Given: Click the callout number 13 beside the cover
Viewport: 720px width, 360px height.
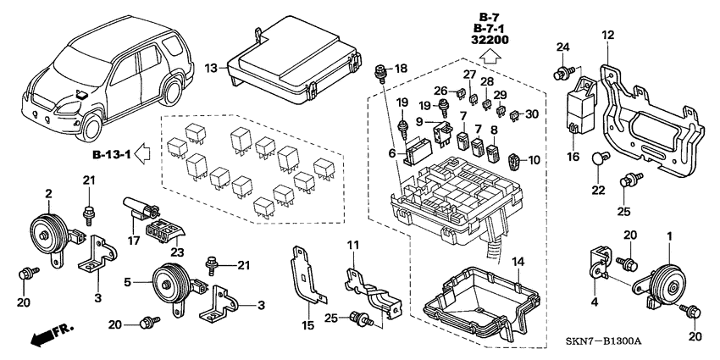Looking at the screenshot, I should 212,68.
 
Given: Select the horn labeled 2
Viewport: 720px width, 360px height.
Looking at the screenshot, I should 49,230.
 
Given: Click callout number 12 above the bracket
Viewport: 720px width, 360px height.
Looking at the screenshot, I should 607,35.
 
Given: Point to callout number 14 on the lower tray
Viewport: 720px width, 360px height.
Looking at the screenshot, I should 518,262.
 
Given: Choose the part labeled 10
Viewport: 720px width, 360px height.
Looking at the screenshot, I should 516,158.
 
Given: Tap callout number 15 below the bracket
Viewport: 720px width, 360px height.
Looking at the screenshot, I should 309,325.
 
